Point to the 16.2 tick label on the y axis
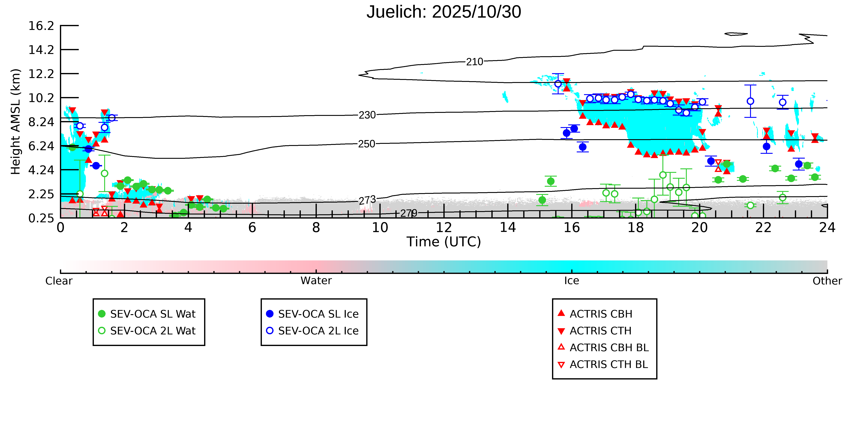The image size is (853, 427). [x=41, y=26]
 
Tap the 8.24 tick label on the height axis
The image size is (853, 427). [x=41, y=122]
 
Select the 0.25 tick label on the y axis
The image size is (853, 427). [x=41, y=218]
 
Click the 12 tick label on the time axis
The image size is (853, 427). [x=444, y=228]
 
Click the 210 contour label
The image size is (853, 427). [x=475, y=62]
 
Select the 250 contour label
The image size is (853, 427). [x=367, y=144]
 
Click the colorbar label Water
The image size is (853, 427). [x=316, y=281]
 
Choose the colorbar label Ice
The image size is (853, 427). [x=572, y=281]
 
